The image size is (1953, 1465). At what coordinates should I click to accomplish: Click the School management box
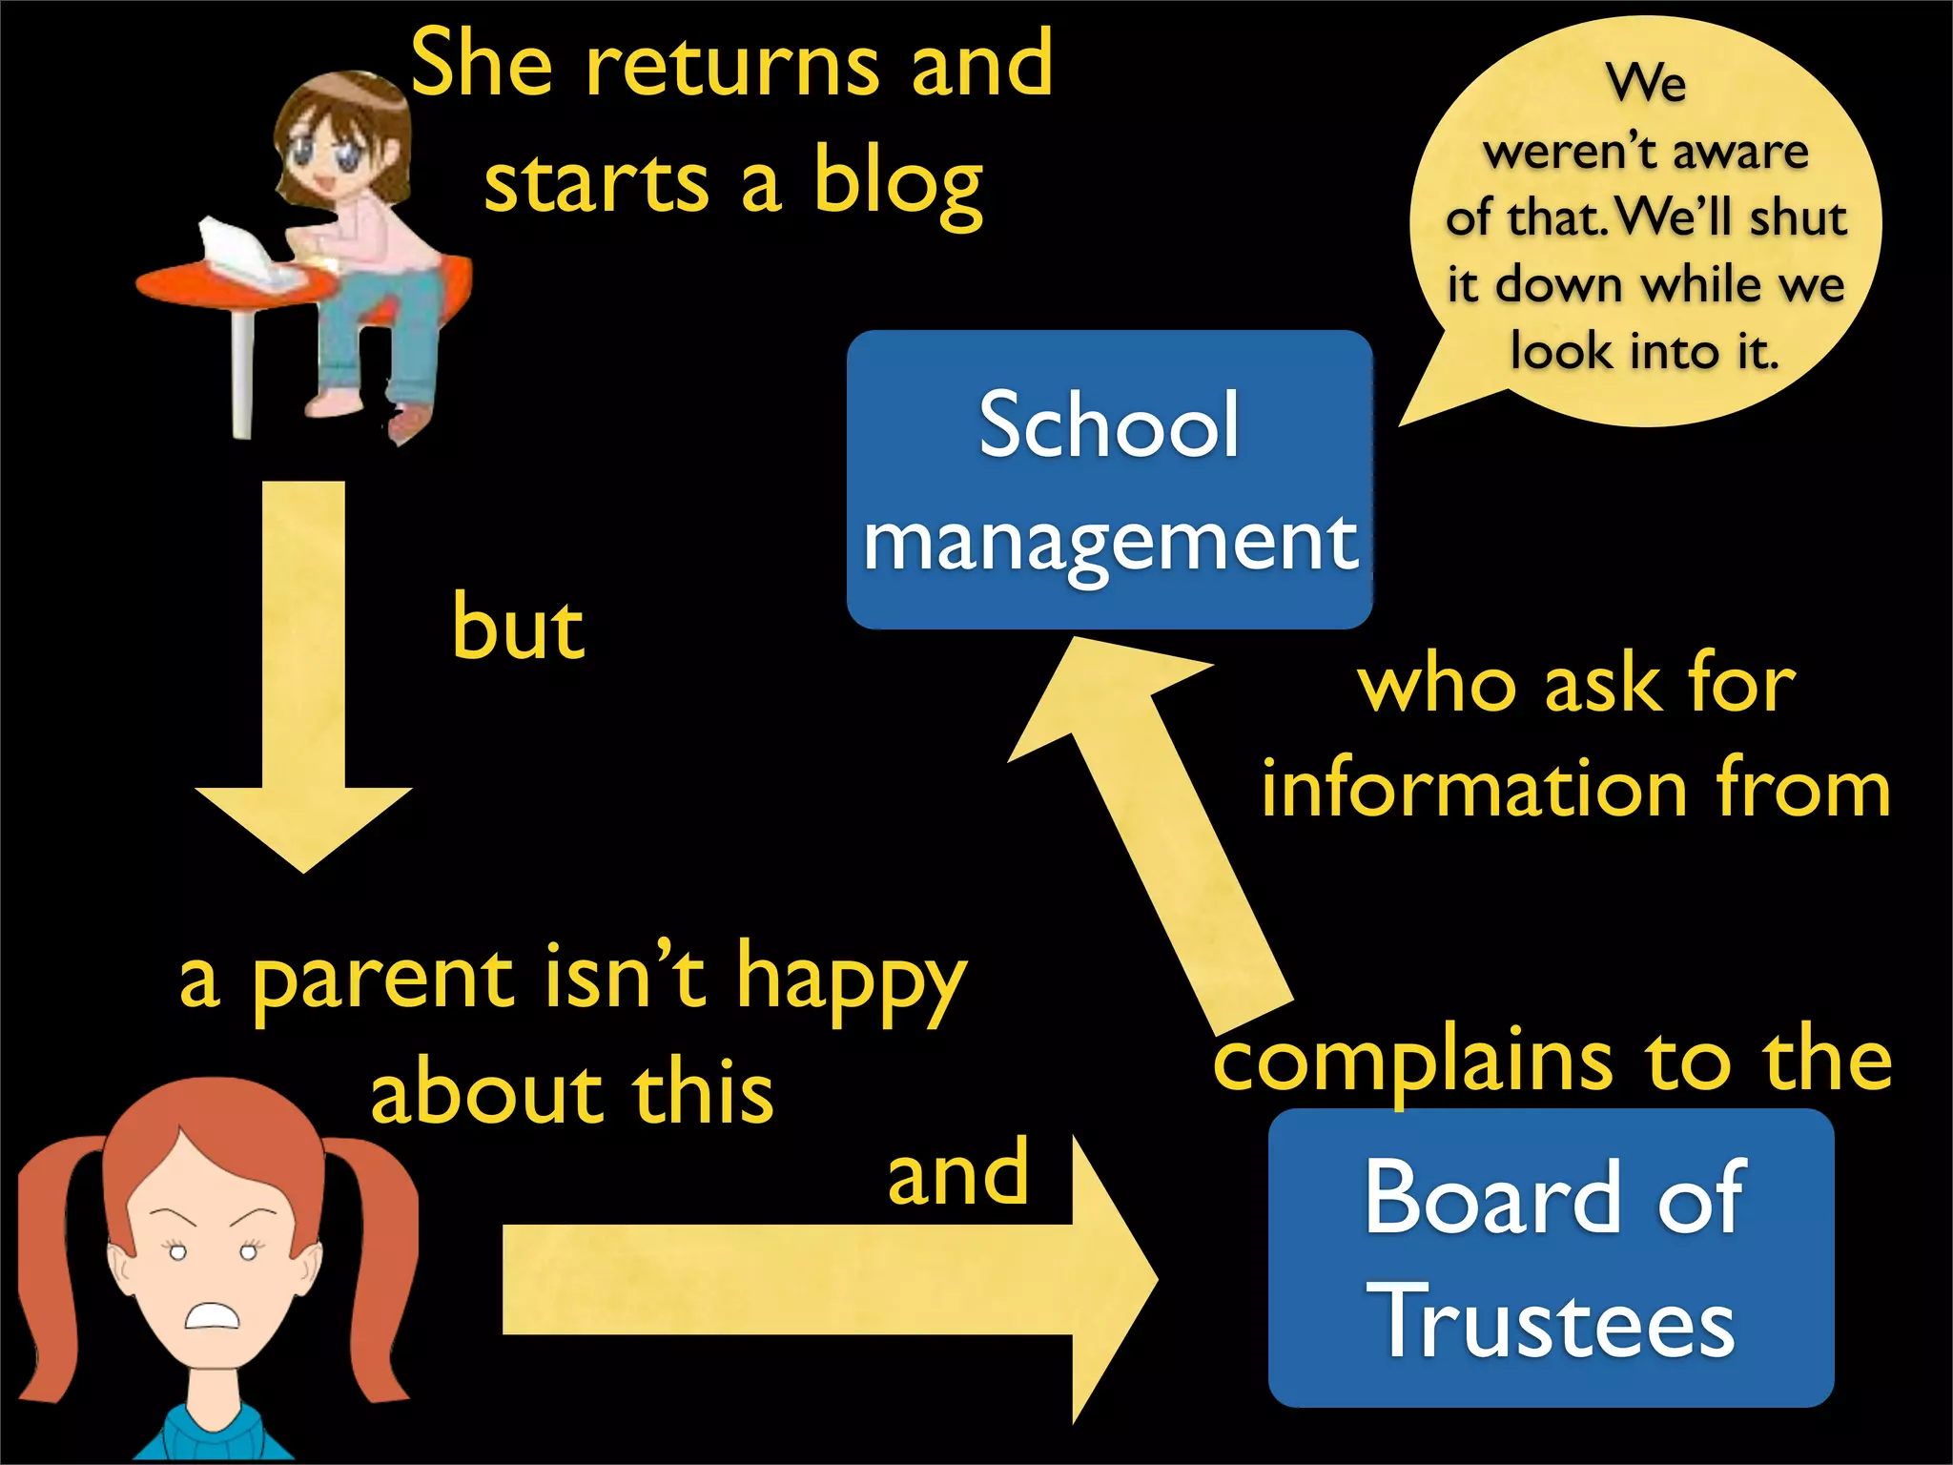pyautogui.click(x=1109, y=479)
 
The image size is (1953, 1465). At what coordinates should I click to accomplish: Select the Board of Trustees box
pyautogui.click(x=1551, y=1257)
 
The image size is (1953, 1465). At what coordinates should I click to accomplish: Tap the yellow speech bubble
pyautogui.click(x=1645, y=219)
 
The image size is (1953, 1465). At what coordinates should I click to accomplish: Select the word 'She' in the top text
pyautogui.click(x=482, y=65)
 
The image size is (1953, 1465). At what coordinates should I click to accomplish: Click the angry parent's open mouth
pyautogui.click(x=212, y=1316)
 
